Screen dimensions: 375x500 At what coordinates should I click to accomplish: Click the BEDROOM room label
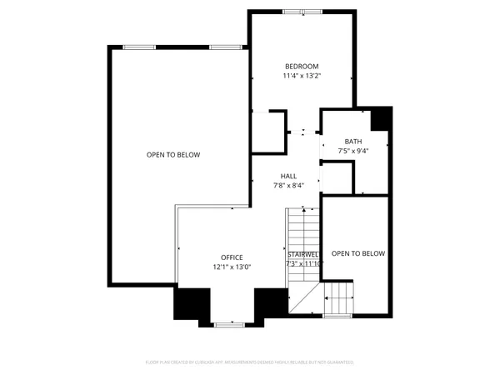[302, 67]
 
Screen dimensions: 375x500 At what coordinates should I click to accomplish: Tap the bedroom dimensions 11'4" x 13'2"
[302, 77]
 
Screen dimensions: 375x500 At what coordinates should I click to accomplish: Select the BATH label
[353, 142]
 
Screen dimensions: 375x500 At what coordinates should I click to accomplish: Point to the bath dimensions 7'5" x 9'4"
[353, 152]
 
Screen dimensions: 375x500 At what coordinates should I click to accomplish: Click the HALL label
[288, 176]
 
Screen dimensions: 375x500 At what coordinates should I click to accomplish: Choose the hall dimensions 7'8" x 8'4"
[288, 186]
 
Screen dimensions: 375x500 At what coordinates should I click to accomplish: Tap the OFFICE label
[232, 257]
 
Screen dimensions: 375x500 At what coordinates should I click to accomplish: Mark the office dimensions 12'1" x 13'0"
[232, 267]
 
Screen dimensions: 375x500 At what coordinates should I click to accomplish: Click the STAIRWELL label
[303, 253]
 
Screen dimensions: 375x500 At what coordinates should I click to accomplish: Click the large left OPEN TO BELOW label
[173, 155]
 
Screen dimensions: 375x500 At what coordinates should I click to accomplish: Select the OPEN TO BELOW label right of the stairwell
[358, 253]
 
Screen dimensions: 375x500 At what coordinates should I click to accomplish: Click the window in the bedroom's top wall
[293, 12]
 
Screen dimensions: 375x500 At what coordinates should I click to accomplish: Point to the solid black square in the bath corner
[381, 119]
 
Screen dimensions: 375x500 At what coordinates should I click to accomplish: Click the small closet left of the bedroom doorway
[268, 132]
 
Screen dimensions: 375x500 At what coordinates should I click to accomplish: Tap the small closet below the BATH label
[337, 177]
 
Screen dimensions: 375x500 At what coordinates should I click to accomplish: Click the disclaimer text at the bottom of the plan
[250, 363]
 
